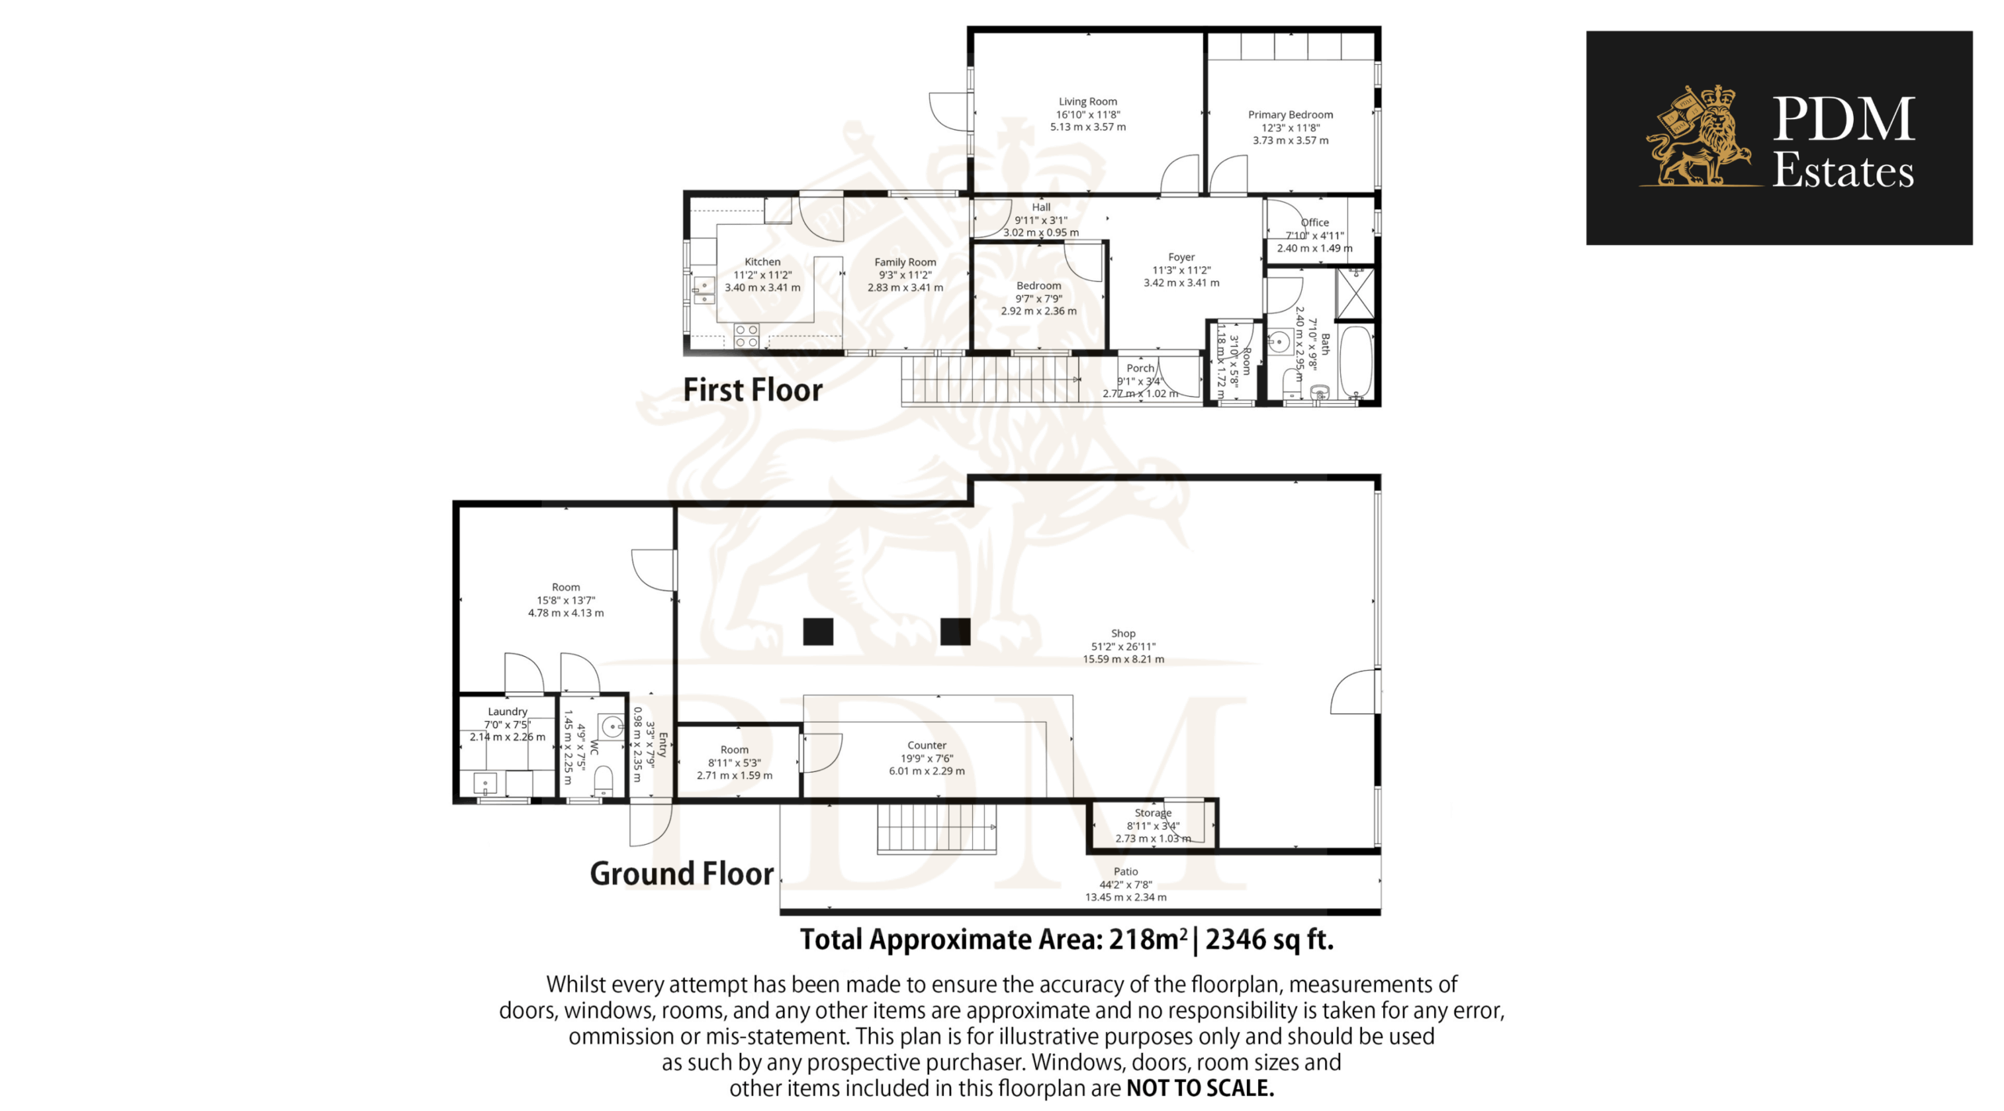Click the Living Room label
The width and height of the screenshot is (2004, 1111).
point(1087,102)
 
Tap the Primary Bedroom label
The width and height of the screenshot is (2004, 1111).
point(1290,115)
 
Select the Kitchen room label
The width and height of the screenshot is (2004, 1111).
point(762,262)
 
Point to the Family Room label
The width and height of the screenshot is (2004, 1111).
point(905,262)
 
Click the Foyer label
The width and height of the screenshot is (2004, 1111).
point(1181,258)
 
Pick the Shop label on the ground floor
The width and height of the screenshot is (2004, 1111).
point(1123,633)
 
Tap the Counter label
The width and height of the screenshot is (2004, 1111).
point(927,745)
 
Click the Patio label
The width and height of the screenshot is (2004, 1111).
point(1126,871)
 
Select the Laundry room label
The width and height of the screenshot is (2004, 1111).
point(507,712)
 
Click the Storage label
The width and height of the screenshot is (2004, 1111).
point(1153,813)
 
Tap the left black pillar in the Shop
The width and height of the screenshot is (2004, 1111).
point(818,632)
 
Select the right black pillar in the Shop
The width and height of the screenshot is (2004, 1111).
point(955,632)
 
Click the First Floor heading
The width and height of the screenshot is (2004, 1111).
point(753,390)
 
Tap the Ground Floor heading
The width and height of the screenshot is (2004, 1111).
point(682,874)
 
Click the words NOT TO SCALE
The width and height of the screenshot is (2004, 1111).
point(1200,1088)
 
